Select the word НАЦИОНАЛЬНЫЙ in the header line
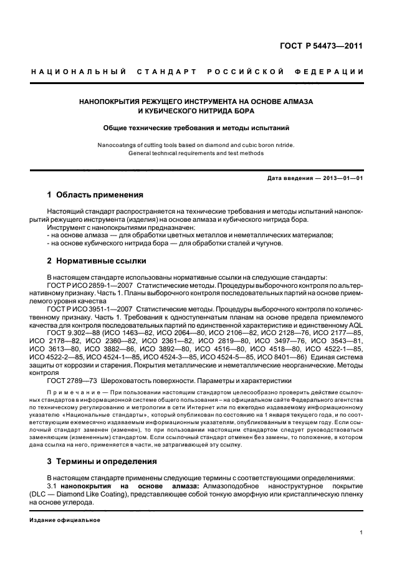pyautogui.click(x=79, y=72)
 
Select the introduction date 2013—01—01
pyautogui.click(x=342, y=178)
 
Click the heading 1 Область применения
pyautogui.click(x=95, y=195)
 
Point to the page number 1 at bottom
pyautogui.click(x=362, y=533)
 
